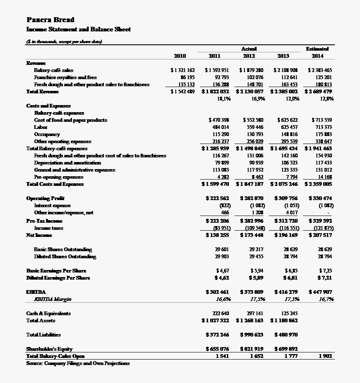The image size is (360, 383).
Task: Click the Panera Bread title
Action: tap(51, 20)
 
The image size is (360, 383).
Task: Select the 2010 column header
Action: tap(180, 56)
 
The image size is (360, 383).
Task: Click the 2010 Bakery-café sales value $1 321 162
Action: tap(183, 70)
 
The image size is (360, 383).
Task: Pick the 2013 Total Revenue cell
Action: tap(284, 92)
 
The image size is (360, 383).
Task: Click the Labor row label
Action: tap(41, 127)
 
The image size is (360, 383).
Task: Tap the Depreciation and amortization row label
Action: tap(67, 163)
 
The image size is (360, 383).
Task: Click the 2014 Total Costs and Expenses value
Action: tap(319, 184)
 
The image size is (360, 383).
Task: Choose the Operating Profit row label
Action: tap(45, 198)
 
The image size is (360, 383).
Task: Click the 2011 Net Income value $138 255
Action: tap(217, 235)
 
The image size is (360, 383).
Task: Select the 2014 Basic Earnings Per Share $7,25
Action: tap(325, 271)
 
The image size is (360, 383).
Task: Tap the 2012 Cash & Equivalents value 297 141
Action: tap(255, 314)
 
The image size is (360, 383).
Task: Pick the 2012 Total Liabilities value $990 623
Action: tap(252, 335)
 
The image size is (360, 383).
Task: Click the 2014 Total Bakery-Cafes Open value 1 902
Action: tap(324, 356)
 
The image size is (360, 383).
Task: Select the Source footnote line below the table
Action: tap(78, 363)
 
